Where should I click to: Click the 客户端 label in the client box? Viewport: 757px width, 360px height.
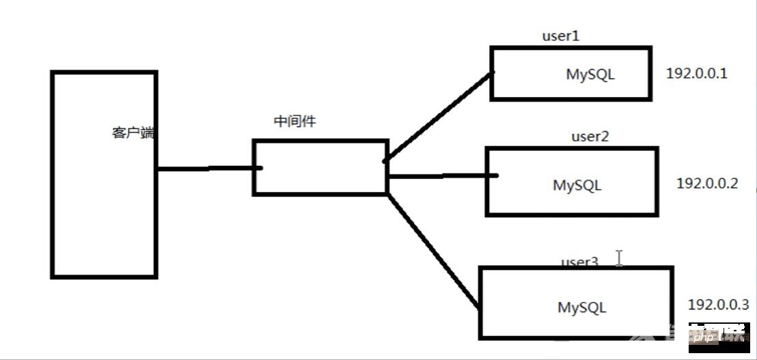133,133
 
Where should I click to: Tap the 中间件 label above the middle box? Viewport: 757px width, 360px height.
294,121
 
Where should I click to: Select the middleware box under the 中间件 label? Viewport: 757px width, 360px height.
320,168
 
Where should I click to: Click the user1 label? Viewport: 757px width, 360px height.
560,36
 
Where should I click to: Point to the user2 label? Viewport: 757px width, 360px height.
590,136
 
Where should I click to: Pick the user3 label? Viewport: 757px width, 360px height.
579,262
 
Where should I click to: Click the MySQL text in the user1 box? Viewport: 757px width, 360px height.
590,74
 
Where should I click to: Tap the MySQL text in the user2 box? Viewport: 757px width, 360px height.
577,185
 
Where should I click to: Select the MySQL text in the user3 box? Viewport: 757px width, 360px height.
582,307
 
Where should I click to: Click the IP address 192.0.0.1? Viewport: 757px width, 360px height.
697,73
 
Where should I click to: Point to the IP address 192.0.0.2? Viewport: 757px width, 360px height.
707,183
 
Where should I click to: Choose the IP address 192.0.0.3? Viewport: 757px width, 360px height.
718,304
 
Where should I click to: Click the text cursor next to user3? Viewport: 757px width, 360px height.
619,258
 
